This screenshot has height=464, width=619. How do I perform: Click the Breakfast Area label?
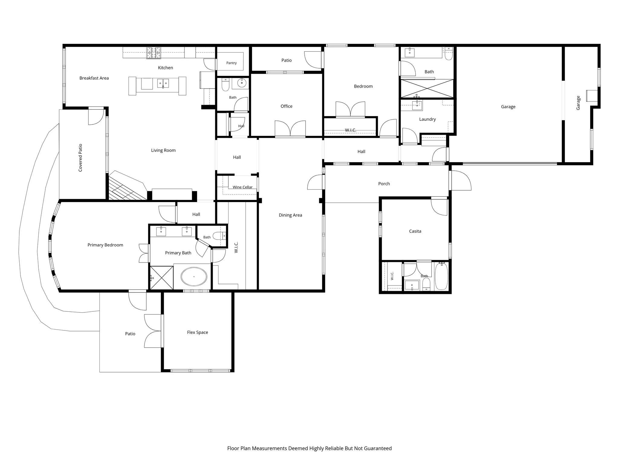[x=94, y=78]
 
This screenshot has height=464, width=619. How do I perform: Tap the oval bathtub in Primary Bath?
[x=194, y=276]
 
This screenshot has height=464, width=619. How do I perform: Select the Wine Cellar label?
[x=242, y=187]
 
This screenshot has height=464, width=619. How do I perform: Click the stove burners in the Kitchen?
[x=154, y=53]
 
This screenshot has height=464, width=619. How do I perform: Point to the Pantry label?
[x=232, y=63]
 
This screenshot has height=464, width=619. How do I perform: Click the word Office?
[x=287, y=106]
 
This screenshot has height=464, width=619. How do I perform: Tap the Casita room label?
[x=415, y=231]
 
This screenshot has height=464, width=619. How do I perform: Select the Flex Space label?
[x=197, y=332]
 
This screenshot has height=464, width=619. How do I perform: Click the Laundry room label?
[x=427, y=119]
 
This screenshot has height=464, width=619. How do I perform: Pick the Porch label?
[x=384, y=184]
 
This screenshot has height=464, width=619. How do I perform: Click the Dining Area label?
[x=290, y=215]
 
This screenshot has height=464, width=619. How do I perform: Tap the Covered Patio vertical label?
[x=80, y=158]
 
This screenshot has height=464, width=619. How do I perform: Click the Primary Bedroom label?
[x=105, y=245]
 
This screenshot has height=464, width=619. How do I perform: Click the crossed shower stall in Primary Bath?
[x=162, y=278]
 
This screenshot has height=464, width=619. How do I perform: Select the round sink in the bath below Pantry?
[x=242, y=83]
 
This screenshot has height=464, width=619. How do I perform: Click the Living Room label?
[x=163, y=150]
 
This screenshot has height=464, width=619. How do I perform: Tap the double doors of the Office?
[x=290, y=129]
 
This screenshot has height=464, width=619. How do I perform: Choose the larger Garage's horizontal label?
[x=508, y=107]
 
